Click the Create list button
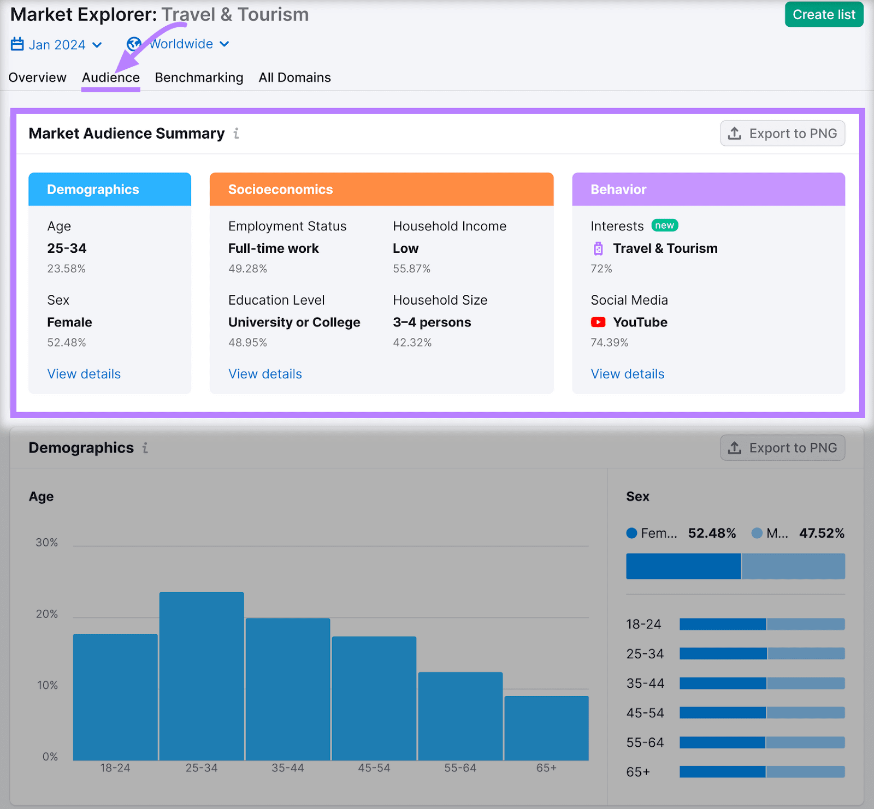click(x=823, y=15)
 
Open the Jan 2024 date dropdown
click(x=57, y=45)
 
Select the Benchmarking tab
click(x=199, y=78)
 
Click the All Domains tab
click(x=294, y=78)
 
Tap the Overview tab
click(x=37, y=78)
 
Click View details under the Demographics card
click(x=84, y=374)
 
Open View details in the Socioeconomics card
click(x=265, y=374)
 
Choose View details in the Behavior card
click(x=627, y=374)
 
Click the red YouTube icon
click(x=598, y=322)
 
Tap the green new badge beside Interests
click(x=664, y=225)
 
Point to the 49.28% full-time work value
click(x=247, y=269)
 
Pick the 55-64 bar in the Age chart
click(x=460, y=716)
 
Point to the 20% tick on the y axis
click(x=47, y=614)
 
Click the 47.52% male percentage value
click(x=822, y=533)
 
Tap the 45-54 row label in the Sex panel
click(x=645, y=713)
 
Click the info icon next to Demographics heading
click(x=145, y=448)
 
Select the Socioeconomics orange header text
click(x=280, y=189)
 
